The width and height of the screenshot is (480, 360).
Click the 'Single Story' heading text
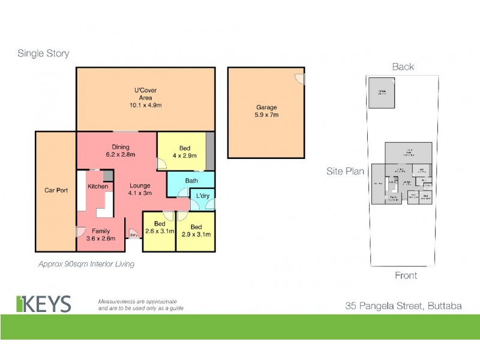click(43, 53)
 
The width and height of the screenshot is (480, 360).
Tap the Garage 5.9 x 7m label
click(266, 111)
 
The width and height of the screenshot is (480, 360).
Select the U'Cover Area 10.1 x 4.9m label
click(146, 97)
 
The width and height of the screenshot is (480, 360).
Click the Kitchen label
click(98, 186)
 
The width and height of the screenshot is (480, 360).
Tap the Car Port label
click(56, 190)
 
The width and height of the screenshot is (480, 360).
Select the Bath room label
click(191, 181)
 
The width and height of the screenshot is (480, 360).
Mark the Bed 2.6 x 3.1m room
click(159, 227)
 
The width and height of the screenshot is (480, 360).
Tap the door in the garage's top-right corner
click(300, 77)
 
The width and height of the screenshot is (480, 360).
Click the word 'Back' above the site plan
click(403, 67)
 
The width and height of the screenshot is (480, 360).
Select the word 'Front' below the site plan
click(405, 275)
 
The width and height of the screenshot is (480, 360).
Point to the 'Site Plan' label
click(345, 171)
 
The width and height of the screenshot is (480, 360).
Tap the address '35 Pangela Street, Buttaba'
click(403, 305)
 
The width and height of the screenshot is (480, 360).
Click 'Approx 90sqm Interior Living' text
click(86, 263)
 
